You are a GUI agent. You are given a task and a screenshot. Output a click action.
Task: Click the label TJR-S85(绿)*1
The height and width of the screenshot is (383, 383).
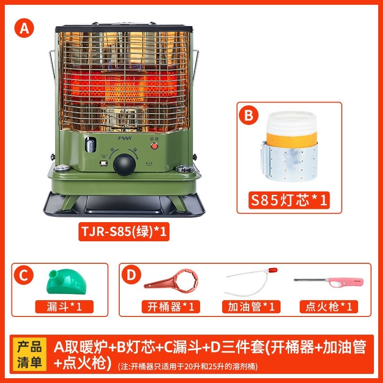click(126, 232)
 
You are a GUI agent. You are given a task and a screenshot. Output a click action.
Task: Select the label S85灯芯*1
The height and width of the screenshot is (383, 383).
click(290, 199)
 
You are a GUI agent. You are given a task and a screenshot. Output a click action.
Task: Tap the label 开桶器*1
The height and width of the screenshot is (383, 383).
click(168, 306)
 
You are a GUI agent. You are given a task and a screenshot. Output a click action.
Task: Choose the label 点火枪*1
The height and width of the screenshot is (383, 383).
click(329, 306)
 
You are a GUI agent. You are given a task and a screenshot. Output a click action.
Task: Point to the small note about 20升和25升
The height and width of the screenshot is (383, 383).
click(188, 367)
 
